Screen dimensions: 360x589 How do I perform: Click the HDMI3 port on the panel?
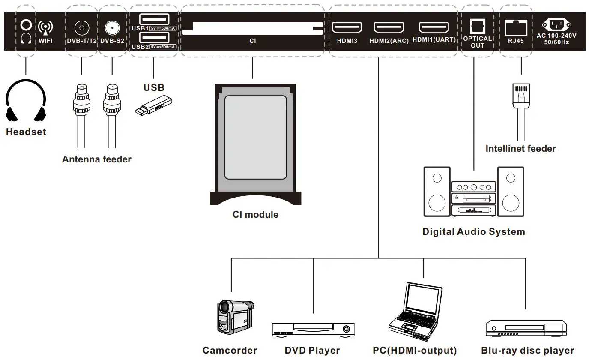(x=347, y=28)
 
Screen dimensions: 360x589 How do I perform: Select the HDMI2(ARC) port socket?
(x=389, y=28)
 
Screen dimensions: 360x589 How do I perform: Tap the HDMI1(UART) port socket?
(x=434, y=28)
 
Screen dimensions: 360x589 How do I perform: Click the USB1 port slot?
(x=154, y=19)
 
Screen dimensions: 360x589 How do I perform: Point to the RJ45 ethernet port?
(x=516, y=29)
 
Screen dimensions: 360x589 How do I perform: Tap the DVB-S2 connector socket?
(x=112, y=28)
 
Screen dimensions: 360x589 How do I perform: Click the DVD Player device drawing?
(x=313, y=329)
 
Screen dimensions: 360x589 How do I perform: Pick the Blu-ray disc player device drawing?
(x=525, y=328)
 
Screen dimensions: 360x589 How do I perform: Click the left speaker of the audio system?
(x=437, y=192)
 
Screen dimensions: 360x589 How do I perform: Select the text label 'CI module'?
(x=255, y=215)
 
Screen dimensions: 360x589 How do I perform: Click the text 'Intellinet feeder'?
(x=520, y=149)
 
